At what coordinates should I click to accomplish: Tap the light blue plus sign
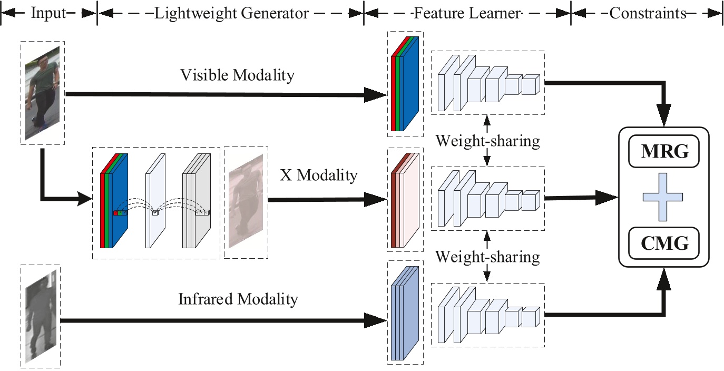tap(663, 198)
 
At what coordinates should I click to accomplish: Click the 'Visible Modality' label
tap(237, 75)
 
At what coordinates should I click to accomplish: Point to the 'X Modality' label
tap(318, 175)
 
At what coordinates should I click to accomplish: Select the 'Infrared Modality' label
tap(238, 299)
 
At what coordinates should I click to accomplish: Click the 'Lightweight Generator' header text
tap(231, 13)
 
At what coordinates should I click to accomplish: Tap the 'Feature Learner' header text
tap(467, 13)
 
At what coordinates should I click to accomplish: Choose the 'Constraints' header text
tap(648, 13)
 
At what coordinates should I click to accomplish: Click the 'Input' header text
tap(48, 13)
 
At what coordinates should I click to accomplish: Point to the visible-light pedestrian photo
tap(43, 93)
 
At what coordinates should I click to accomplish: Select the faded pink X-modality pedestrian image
tap(246, 202)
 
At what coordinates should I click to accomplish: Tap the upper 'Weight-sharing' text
tap(487, 141)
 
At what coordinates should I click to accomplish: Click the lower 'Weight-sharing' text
tap(487, 257)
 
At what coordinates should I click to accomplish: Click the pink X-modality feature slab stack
tap(405, 198)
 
